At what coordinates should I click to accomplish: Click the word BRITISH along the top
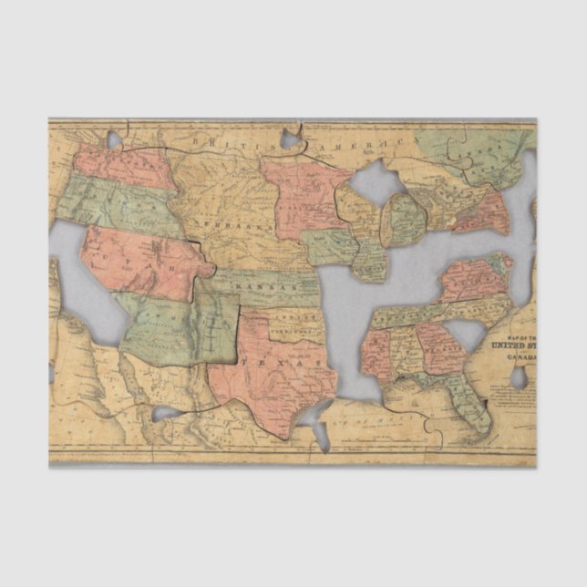coord(228,145)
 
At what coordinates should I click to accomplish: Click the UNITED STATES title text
coord(513,345)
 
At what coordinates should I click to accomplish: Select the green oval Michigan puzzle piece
coord(403,220)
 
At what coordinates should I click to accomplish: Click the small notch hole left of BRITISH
coord(115,139)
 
